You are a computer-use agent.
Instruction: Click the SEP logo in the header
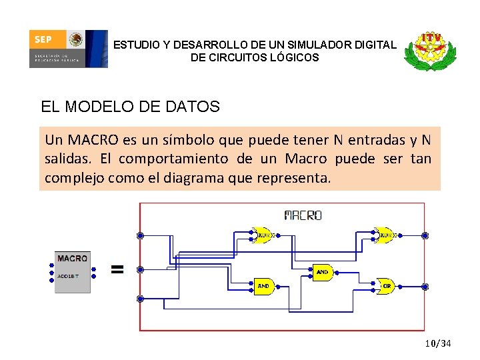(x=67, y=49)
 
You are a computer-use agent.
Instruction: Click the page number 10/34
(x=438, y=343)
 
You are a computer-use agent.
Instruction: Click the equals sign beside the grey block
(x=117, y=269)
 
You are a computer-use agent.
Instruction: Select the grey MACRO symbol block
(x=72, y=271)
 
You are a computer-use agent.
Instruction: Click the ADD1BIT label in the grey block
(x=68, y=275)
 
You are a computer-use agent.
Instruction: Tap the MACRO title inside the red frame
(x=303, y=215)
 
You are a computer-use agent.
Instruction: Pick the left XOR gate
(x=263, y=235)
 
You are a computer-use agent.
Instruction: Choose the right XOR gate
(x=385, y=235)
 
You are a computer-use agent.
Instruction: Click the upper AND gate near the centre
(x=323, y=272)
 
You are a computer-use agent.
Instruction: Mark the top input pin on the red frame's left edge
(x=140, y=235)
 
